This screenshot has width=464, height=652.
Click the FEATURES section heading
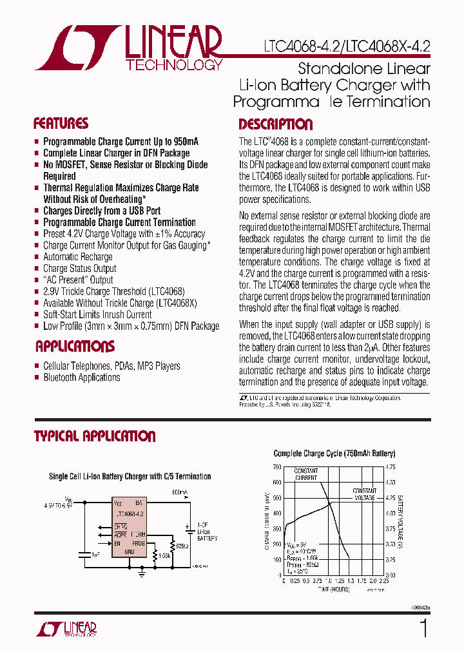(x=61, y=124)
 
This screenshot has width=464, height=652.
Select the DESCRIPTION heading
(x=275, y=124)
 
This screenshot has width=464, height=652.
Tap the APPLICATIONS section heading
(x=75, y=347)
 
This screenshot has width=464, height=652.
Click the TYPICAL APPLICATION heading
(x=95, y=436)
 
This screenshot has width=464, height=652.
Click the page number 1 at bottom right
(x=423, y=628)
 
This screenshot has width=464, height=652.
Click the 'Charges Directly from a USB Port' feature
(x=102, y=211)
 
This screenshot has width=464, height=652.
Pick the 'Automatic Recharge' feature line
(x=77, y=257)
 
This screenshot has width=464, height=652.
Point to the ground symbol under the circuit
(x=142, y=570)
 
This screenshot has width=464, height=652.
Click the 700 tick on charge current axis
(x=276, y=466)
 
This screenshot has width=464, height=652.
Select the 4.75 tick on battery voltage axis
(x=391, y=466)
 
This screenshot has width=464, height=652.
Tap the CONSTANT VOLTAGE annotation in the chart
(x=364, y=494)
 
